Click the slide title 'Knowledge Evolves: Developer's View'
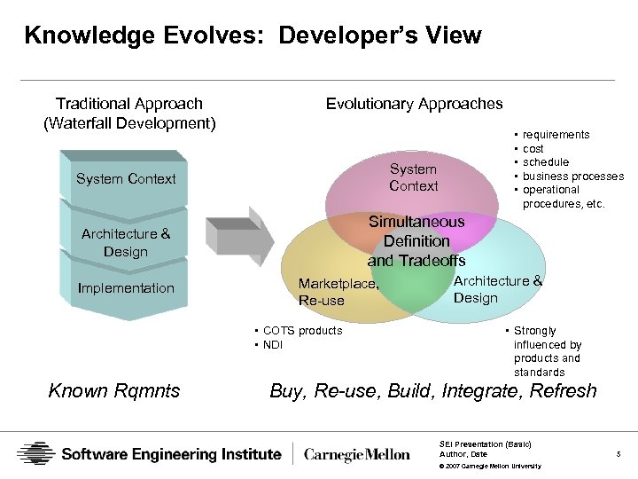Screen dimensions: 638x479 253,36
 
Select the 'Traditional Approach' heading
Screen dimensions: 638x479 129,104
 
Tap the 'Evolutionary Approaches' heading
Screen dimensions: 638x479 414,104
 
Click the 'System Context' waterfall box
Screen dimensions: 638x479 126,178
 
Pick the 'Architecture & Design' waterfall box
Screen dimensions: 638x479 126,242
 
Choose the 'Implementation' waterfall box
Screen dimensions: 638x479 126,287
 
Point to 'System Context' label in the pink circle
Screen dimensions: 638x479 413,177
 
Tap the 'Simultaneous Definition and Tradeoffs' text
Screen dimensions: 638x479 416,240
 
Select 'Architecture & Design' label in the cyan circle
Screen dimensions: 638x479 497,289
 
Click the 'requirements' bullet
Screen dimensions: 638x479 556,135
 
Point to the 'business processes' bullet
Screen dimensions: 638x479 572,176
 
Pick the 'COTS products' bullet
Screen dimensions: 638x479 302,331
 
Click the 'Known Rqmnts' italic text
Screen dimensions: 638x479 114,390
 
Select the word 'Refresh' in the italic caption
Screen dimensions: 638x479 563,390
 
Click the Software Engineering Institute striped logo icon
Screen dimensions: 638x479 35,454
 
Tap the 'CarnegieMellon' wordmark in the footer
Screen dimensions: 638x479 357,454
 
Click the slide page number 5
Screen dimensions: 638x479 618,454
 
